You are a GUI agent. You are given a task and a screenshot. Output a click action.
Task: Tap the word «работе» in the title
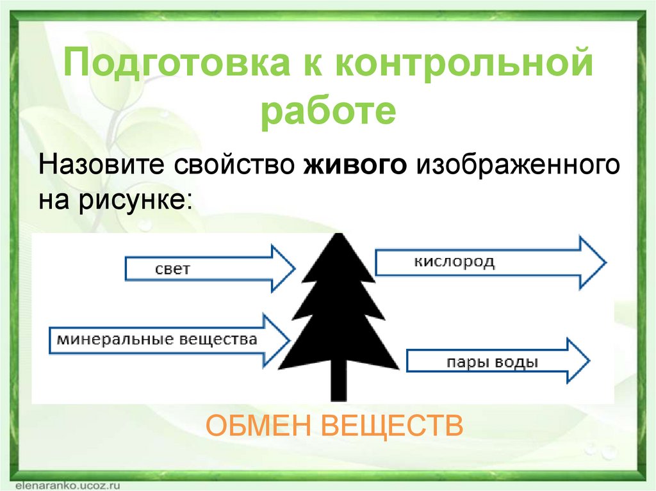pyautogui.click(x=328, y=111)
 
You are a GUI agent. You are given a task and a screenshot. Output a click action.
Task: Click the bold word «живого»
pyautogui.click(x=356, y=166)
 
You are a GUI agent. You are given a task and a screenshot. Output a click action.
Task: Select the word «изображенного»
pyautogui.click(x=518, y=166)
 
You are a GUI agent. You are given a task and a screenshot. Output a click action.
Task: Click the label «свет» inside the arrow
pyautogui.click(x=173, y=269)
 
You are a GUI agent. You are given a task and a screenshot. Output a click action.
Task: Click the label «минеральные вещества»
pyautogui.click(x=157, y=339)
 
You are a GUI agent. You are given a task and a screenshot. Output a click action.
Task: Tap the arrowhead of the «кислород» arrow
pyautogui.click(x=592, y=262)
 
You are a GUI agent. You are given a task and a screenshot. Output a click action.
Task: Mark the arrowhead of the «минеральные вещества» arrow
pyautogui.click(x=276, y=340)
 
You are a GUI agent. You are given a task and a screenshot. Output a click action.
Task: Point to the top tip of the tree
pyautogui.click(x=338, y=236)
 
